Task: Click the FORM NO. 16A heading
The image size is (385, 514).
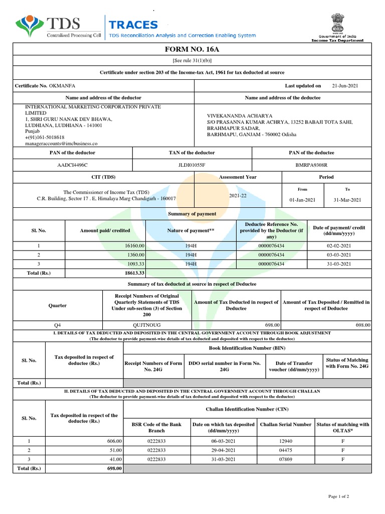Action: pyautogui.click(x=192, y=50)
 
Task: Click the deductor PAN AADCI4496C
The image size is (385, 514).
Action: pyautogui.click(x=72, y=165)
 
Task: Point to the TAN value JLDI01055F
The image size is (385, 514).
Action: pyautogui.click(x=191, y=165)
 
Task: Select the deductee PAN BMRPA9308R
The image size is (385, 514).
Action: pyautogui.click(x=311, y=165)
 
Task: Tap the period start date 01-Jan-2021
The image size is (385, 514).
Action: pyautogui.click(x=302, y=200)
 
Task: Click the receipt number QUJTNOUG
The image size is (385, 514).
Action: pyautogui.click(x=146, y=325)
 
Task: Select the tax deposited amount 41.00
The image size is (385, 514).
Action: pyautogui.click(x=115, y=459)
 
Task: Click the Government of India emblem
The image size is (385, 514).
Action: pyautogui.click(x=334, y=24)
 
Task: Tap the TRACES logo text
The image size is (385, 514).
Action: pyautogui.click(x=133, y=25)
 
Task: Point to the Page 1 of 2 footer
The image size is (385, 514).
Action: pyautogui.click(x=338, y=496)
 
